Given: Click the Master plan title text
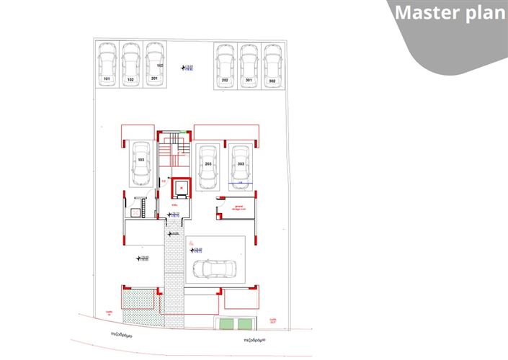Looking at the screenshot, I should [x=450, y=14].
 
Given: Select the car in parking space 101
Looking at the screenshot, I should [x=107, y=60].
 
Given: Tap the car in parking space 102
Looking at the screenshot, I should [x=130, y=60].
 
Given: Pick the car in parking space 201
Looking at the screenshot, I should [x=154, y=60].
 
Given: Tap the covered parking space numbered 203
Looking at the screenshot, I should [x=208, y=166].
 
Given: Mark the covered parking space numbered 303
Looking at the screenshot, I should [x=241, y=166].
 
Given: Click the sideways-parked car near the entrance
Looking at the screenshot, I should [x=215, y=268].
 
